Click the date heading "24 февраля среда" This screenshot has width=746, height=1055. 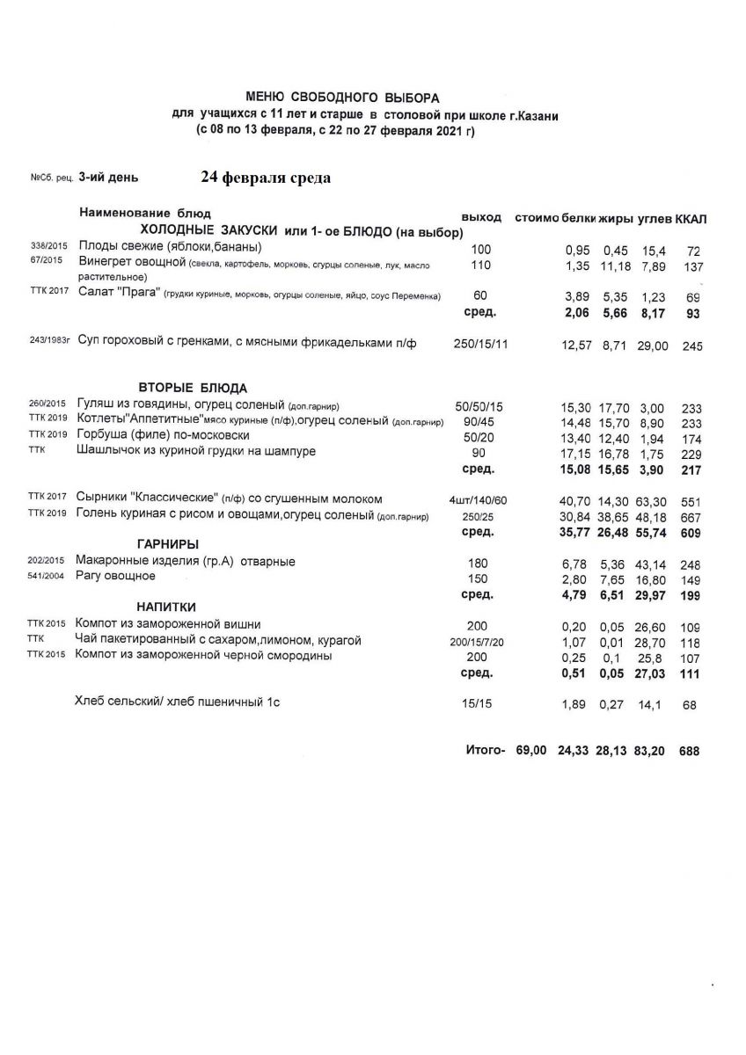click(x=266, y=178)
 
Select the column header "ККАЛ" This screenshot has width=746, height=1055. click(x=692, y=218)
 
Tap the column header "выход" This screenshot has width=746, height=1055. click(x=481, y=217)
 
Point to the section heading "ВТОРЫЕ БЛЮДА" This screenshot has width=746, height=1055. click(x=193, y=388)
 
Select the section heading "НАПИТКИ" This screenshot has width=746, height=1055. click(x=165, y=607)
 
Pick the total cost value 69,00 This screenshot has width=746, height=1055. click(x=531, y=751)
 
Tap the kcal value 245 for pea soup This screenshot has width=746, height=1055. click(x=692, y=346)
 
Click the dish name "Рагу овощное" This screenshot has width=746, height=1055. click(x=116, y=577)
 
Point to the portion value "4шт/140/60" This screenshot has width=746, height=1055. click(x=479, y=500)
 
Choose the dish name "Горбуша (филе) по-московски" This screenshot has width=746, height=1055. click(x=163, y=435)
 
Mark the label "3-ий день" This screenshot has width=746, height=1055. click(x=108, y=177)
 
